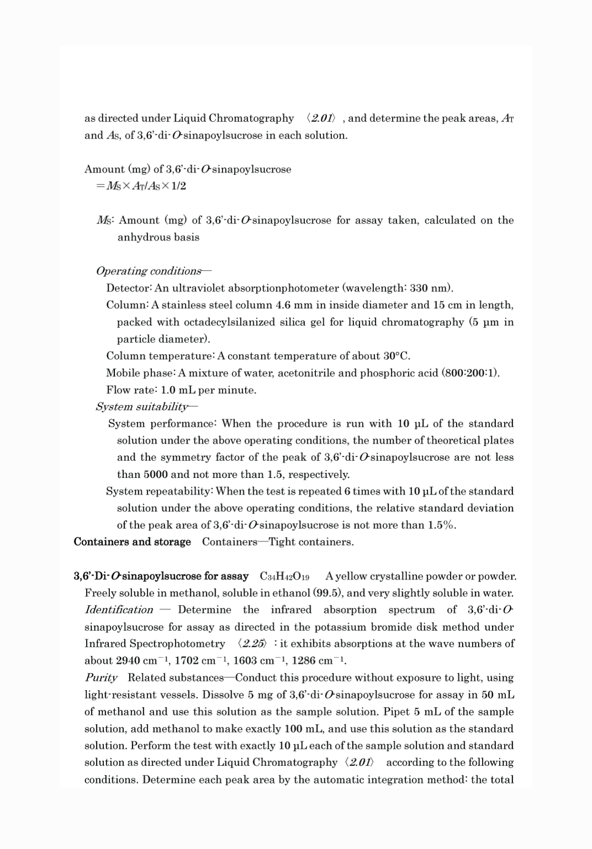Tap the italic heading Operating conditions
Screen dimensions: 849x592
(148, 271)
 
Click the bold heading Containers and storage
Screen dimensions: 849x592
(132, 542)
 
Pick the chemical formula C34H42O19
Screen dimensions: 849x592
(284, 576)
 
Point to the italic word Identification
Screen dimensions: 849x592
(119, 610)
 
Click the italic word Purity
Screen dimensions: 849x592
(101, 678)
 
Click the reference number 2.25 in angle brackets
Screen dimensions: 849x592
(253, 644)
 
